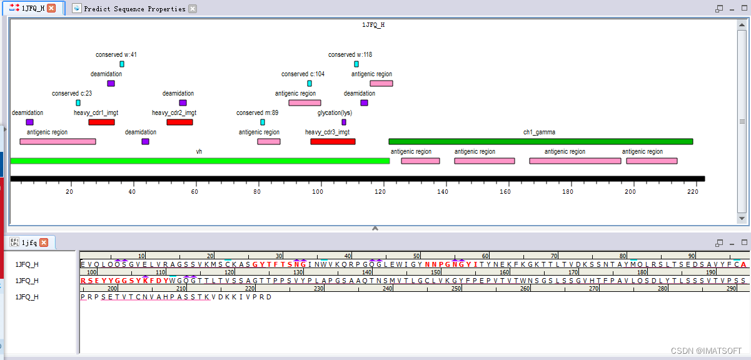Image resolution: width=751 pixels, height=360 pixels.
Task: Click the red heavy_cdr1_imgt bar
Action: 101,122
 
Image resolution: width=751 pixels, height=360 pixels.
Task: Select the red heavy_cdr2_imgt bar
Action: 179,122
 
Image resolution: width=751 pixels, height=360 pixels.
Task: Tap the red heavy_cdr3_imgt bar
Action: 333,142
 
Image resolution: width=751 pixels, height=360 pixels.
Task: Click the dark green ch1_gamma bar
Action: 540,142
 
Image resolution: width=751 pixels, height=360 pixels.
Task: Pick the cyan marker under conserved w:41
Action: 122,64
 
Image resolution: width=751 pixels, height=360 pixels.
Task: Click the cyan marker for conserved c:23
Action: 78,103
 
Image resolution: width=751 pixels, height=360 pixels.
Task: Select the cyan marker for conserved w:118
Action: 356,64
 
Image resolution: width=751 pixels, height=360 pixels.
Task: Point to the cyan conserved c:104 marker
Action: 310,84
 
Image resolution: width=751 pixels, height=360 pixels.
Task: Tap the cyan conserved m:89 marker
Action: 263,122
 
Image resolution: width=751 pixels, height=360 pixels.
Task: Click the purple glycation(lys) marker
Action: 344,122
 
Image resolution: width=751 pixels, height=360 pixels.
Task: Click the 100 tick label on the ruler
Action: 318,192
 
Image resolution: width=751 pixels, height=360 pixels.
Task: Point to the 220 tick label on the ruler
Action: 692,192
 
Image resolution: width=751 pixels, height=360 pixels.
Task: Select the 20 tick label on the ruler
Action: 69,192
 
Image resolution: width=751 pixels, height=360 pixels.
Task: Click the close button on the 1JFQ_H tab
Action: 51,8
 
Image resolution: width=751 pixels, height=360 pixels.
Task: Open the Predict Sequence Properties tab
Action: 134,9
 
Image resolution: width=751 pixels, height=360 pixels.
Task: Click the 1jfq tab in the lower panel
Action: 29,242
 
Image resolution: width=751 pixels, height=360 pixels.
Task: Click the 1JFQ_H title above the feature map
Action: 373,25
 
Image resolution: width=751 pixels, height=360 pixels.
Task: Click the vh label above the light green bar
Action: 199,152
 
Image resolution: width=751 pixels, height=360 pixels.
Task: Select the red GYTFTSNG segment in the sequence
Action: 279,264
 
